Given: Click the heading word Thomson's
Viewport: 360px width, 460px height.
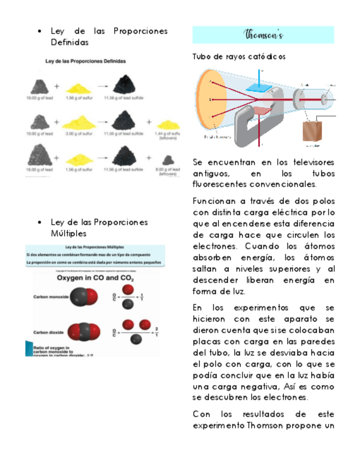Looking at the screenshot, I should click(263, 35).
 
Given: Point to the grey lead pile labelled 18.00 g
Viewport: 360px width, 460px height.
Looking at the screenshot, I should click(40, 156).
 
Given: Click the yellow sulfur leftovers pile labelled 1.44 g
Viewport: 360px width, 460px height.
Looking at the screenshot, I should click(168, 123).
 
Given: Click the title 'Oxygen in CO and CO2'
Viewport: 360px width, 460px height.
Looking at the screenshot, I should click(96, 278).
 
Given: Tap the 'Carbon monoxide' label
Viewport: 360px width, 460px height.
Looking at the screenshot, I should click(50, 297).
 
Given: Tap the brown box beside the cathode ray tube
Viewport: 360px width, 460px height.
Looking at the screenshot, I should click(312, 131).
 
